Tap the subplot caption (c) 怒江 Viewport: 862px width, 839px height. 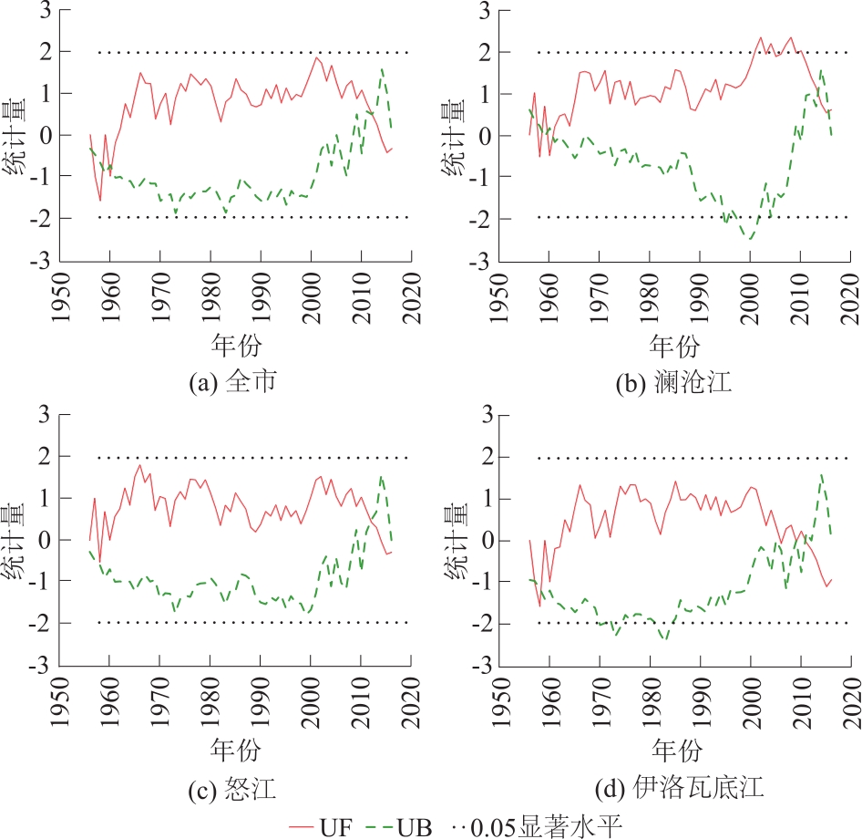pyautogui.click(x=232, y=787)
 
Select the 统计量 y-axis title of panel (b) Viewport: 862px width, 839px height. pyautogui.click(x=453, y=137)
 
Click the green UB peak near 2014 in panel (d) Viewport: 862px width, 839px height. pyautogui.click(x=822, y=474)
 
